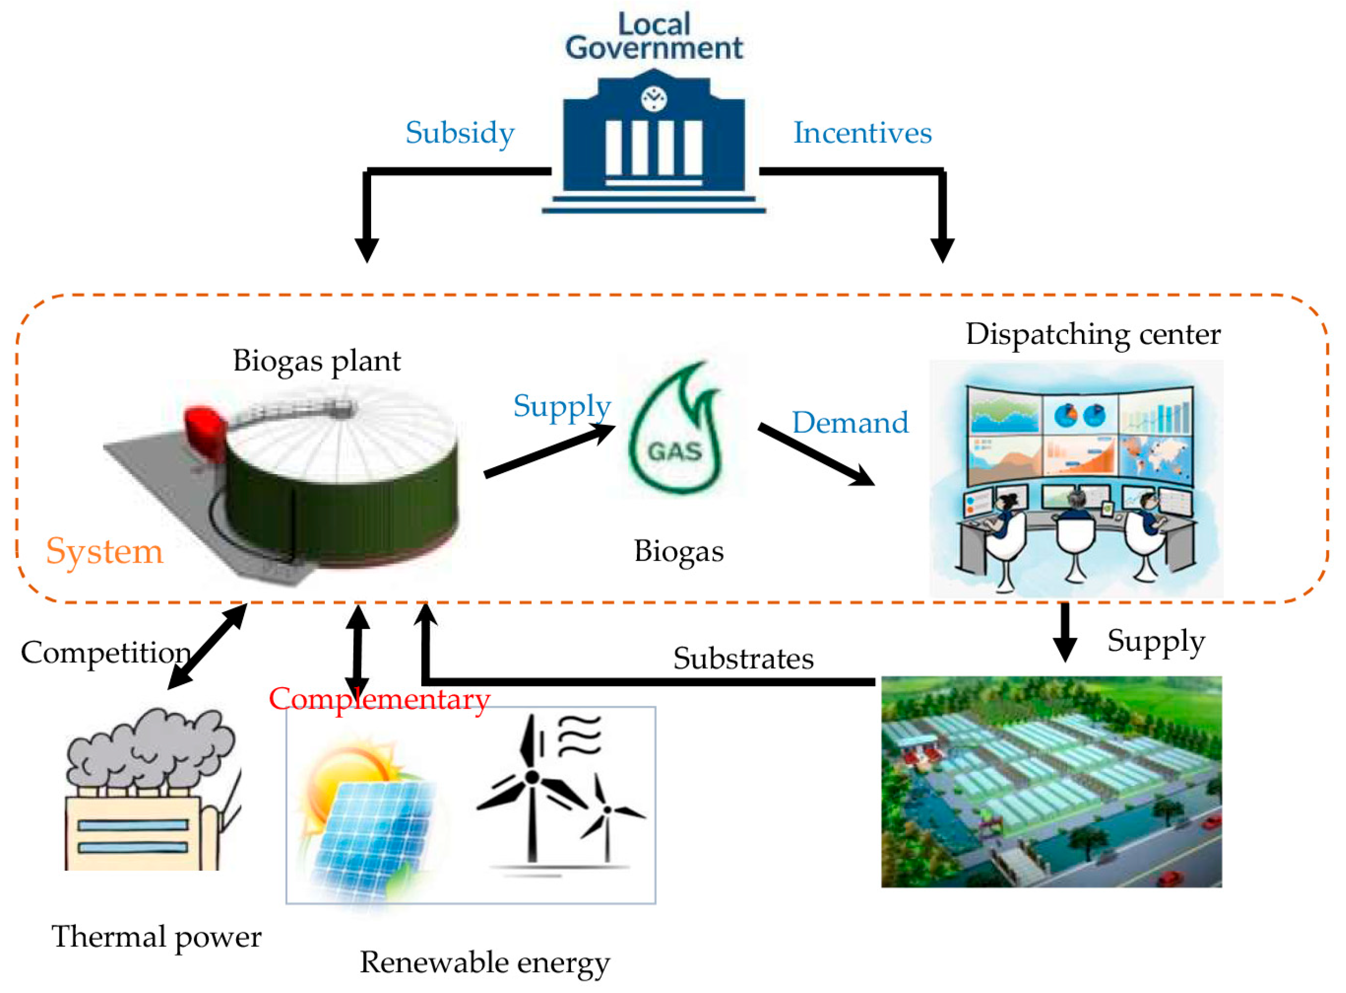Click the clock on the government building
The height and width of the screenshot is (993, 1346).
(654, 98)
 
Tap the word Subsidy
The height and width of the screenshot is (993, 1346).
(460, 133)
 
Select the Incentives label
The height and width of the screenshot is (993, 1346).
(863, 133)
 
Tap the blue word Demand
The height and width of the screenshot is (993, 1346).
(850, 422)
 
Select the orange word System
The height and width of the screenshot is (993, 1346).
(104, 551)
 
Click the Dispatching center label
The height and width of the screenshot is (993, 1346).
(1092, 334)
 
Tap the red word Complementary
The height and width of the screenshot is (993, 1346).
(379, 699)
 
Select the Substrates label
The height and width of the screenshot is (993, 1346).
(743, 659)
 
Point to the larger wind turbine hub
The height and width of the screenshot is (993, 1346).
(531, 777)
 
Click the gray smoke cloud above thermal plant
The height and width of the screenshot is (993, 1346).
(150, 745)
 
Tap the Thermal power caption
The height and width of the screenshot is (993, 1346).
(156, 937)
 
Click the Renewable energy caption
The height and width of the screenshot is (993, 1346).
(485, 962)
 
